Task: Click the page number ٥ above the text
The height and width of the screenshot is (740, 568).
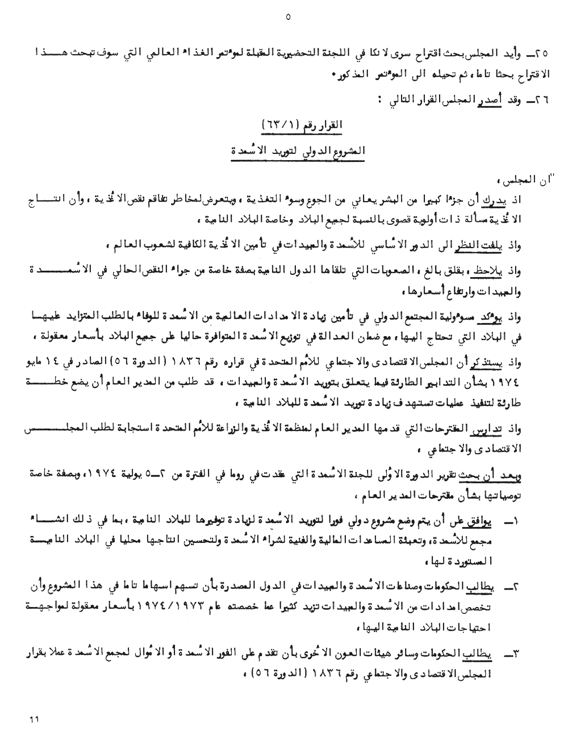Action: pyautogui.click(x=287, y=17)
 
